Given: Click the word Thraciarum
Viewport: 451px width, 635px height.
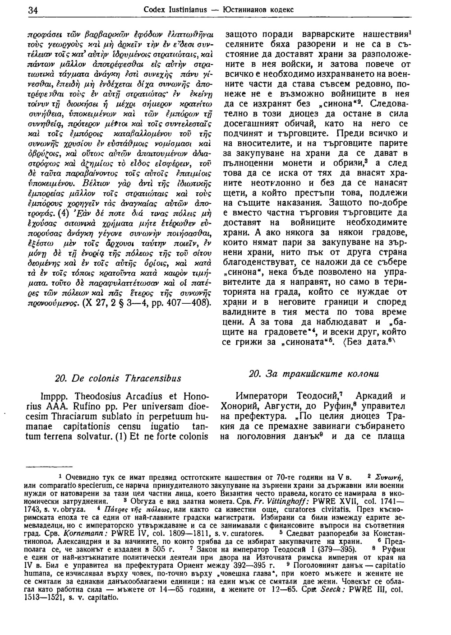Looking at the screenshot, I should pyautogui.click(x=66, y=417).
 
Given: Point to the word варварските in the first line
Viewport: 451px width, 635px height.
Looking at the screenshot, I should pyautogui.click(x=318, y=34).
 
